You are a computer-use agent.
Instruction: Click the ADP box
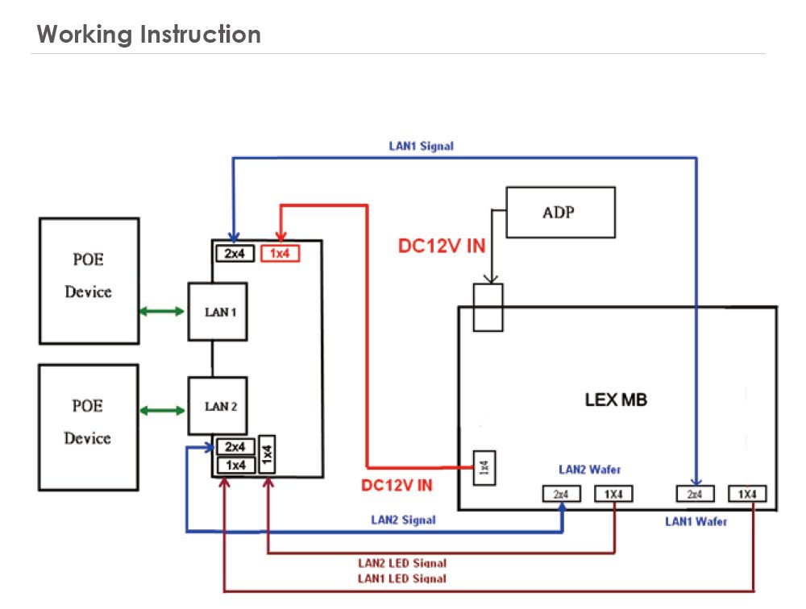(x=560, y=212)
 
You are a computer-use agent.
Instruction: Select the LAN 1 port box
(x=218, y=312)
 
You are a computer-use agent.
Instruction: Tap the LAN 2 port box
(x=218, y=406)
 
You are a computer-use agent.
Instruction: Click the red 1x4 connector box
(x=279, y=254)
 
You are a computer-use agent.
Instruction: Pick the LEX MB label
(x=616, y=400)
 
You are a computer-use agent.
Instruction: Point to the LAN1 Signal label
(x=421, y=147)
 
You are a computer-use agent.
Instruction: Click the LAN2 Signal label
(x=403, y=520)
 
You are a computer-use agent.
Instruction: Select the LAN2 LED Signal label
(x=402, y=563)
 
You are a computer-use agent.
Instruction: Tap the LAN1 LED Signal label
(x=402, y=578)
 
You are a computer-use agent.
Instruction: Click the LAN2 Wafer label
(x=590, y=469)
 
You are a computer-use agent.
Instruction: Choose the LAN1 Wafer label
(x=696, y=521)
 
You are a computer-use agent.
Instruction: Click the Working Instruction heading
(x=149, y=35)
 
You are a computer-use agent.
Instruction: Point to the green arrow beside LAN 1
(x=161, y=312)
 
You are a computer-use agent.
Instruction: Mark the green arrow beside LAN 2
(x=161, y=411)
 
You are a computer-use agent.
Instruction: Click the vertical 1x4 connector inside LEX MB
(x=484, y=467)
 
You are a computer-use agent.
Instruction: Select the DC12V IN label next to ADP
(x=442, y=246)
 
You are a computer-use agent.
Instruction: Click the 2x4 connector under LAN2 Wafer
(x=561, y=494)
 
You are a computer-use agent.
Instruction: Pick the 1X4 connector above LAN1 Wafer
(x=746, y=494)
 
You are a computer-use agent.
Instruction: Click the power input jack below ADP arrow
(x=488, y=307)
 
